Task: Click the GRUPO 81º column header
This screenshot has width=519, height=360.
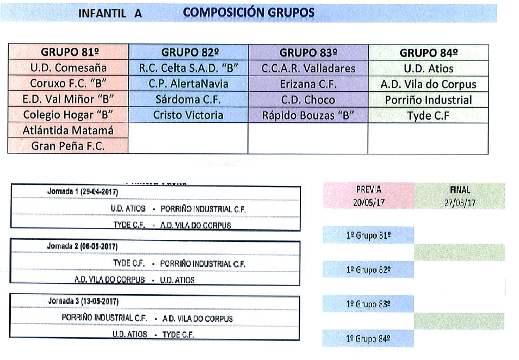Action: click(x=68, y=52)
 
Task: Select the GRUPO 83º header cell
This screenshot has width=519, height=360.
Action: click(x=308, y=53)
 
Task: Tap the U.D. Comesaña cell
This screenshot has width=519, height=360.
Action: click(x=68, y=67)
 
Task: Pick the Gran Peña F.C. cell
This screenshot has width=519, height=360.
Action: click(x=68, y=146)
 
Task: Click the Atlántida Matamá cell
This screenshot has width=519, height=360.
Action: click(x=68, y=130)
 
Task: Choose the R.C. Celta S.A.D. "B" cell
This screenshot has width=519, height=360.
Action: click(x=188, y=68)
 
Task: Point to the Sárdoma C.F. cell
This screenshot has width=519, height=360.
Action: click(x=188, y=100)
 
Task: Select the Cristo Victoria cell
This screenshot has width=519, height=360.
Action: click(x=188, y=115)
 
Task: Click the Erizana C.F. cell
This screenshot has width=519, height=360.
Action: click(x=308, y=84)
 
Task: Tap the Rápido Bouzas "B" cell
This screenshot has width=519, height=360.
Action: click(x=308, y=115)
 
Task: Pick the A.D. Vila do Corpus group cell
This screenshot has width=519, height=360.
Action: click(x=428, y=84)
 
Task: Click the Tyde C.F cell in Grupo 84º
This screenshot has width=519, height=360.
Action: click(x=428, y=115)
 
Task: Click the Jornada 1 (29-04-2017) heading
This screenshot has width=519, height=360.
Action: click(x=83, y=191)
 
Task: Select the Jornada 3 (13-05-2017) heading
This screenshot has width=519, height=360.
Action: click(x=83, y=301)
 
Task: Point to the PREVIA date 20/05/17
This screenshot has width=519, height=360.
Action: click(x=369, y=202)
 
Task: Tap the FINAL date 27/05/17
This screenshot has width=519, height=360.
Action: click(x=460, y=203)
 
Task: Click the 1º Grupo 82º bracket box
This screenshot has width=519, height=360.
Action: click(x=368, y=269)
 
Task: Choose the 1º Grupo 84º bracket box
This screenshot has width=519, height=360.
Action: click(x=368, y=338)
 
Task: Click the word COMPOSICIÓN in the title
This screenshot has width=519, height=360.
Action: click(x=223, y=13)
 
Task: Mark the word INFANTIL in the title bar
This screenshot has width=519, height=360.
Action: click(x=102, y=14)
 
